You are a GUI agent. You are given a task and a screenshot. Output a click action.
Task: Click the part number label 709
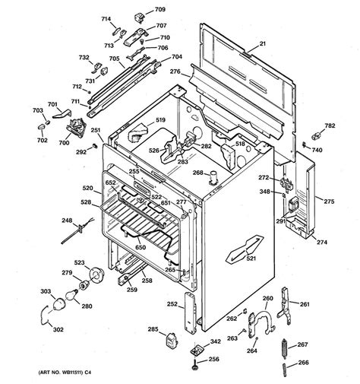(160, 10)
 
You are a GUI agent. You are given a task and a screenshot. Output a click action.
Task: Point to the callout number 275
(329, 202)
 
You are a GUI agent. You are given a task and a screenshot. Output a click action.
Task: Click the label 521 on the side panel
(250, 259)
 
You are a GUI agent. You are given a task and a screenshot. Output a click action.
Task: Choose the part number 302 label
(37, 329)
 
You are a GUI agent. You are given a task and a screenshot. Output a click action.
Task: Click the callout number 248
(66, 221)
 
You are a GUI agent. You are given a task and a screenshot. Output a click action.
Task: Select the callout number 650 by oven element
(140, 247)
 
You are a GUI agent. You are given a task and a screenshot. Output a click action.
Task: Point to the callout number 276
(175, 72)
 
